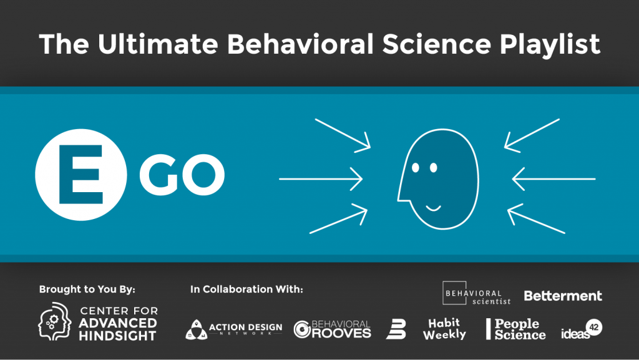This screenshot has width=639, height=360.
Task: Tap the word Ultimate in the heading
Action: tap(158, 44)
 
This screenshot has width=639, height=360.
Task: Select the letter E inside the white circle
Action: tap(80, 174)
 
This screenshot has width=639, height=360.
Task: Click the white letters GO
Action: tap(182, 174)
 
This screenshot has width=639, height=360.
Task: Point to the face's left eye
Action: tap(416, 167)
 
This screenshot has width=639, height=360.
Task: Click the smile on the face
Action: tap(433, 208)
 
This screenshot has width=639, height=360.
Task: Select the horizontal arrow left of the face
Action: tap(321, 179)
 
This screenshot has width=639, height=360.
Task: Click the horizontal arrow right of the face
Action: tap(554, 179)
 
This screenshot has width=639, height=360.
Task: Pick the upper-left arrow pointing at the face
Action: tap(343, 135)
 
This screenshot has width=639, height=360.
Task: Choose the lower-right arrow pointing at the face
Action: tap(536, 219)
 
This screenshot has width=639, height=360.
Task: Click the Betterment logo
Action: tap(563, 296)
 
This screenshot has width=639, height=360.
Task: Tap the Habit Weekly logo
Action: tap(444, 329)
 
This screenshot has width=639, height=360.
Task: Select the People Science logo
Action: tap(516, 329)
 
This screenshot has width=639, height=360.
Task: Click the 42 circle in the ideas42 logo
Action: tap(594, 327)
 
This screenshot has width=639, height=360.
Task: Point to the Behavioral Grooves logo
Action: tap(332, 329)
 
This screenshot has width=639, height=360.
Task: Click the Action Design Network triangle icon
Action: tap(197, 329)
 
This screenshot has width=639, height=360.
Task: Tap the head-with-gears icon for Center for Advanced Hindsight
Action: tap(55, 321)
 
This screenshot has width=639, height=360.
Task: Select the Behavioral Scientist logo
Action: tap(476, 293)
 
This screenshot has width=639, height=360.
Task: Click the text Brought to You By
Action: tap(87, 289)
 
